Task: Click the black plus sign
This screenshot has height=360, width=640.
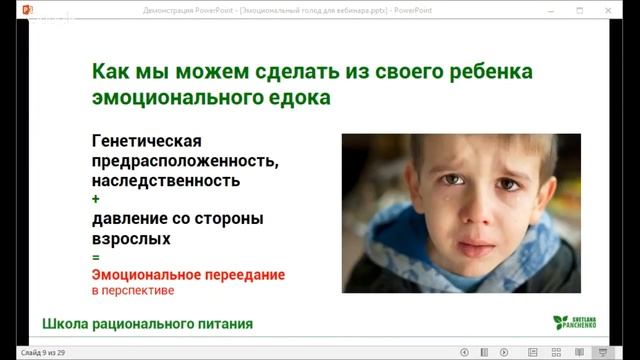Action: [95, 200]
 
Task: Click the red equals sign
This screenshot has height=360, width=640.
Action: [95, 257]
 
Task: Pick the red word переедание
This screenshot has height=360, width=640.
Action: [239, 274]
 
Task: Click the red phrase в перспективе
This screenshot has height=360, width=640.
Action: [133, 291]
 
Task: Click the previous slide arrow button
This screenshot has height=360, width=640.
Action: [464, 352]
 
